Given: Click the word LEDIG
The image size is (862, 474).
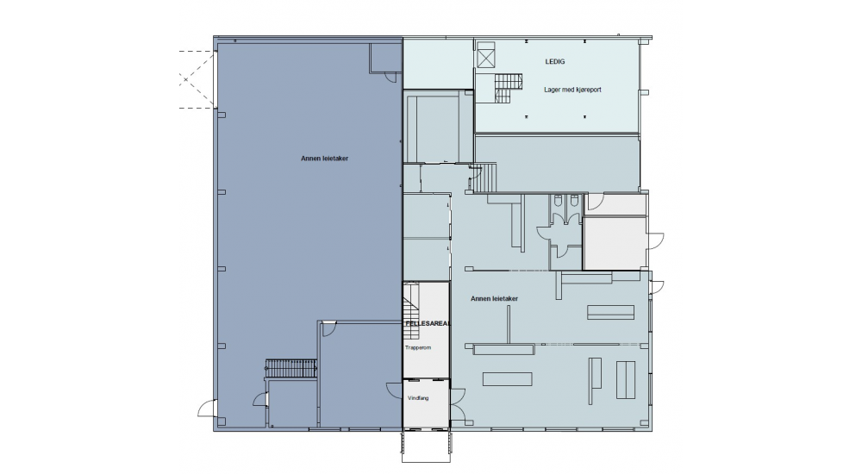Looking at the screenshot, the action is (x=554, y=61).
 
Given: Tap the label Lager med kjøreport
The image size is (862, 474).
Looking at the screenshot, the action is (x=572, y=90).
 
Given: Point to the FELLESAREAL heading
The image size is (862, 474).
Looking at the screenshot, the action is (x=428, y=323).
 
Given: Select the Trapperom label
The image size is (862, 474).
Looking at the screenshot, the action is (x=418, y=347).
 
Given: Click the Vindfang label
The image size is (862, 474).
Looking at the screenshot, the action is (x=418, y=398).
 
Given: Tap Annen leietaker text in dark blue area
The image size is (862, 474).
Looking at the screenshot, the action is (x=324, y=159).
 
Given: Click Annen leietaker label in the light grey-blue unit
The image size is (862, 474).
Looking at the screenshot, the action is (x=494, y=298).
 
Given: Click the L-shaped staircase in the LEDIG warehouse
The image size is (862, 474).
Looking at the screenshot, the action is (x=507, y=88).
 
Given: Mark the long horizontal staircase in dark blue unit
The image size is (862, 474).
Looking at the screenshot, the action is (x=290, y=368).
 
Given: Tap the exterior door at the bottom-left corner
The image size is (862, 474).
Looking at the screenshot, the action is (x=206, y=409).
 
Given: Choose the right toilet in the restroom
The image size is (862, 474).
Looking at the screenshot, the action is (x=574, y=201).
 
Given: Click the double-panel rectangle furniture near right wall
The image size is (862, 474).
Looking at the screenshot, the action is (x=626, y=379).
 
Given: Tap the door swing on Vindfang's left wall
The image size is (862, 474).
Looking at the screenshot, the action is (x=394, y=390).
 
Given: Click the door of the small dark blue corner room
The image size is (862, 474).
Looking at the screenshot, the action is (x=392, y=77).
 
